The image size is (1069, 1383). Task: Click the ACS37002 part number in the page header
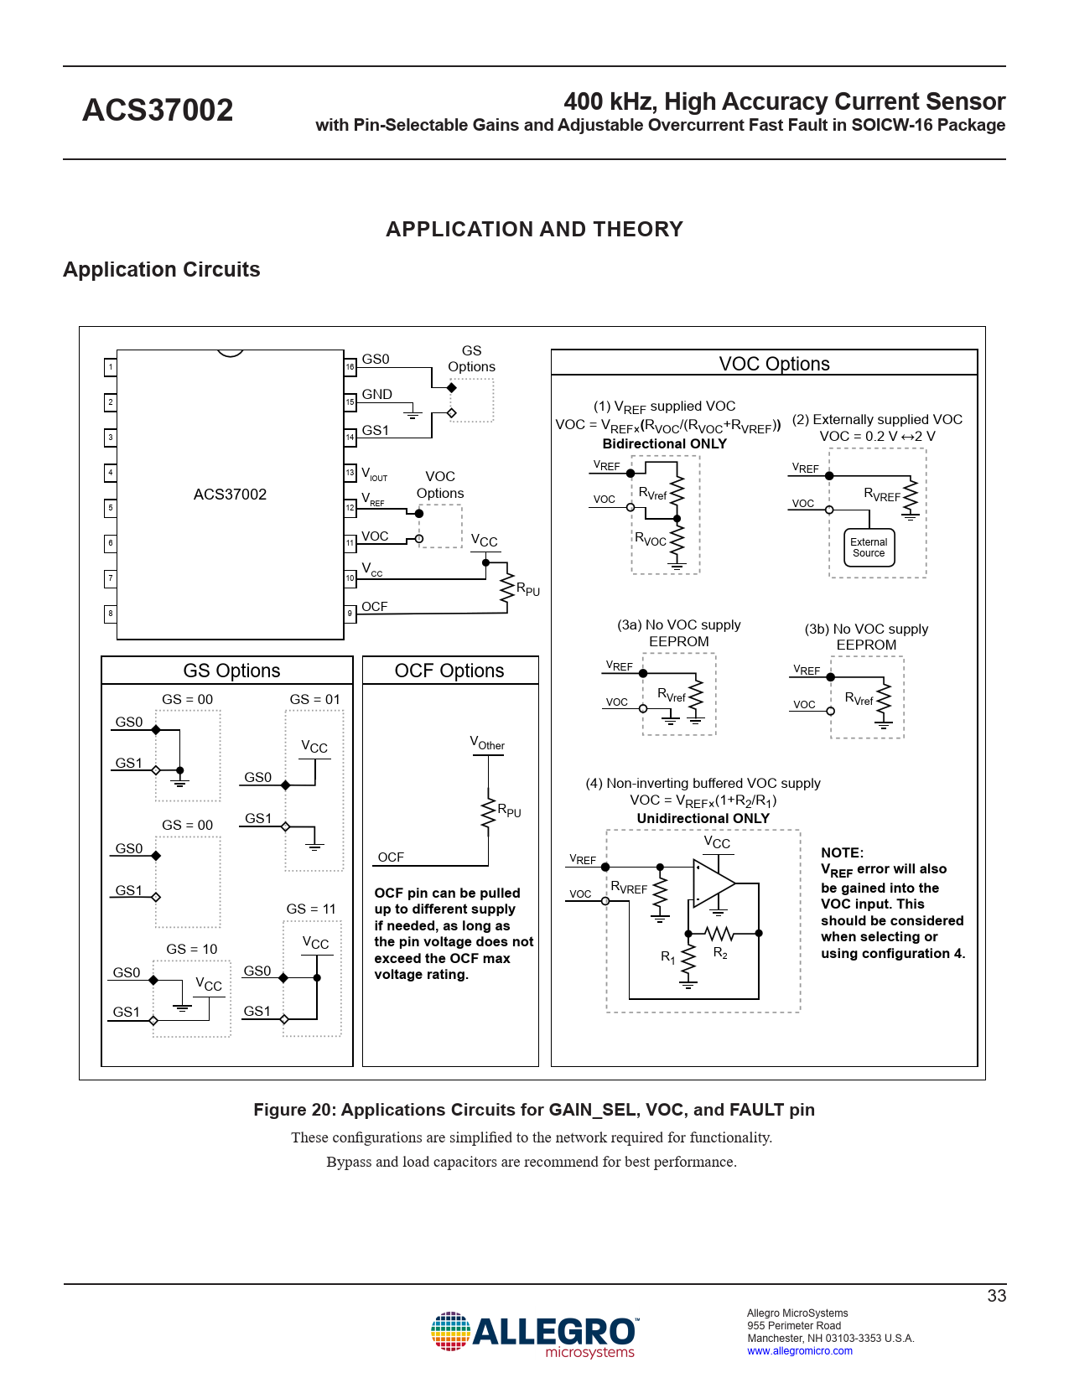pyautogui.click(x=158, y=110)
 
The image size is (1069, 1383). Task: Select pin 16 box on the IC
pyautogui.click(x=350, y=366)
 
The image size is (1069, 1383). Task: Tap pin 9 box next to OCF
pyautogui.click(x=350, y=614)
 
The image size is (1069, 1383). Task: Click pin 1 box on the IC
pyautogui.click(x=110, y=366)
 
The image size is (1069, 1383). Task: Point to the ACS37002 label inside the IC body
pyautogui.click(x=230, y=495)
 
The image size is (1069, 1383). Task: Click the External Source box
pyautogui.click(x=869, y=547)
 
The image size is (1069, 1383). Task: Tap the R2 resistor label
pyautogui.click(x=720, y=953)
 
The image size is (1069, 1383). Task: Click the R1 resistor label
pyautogui.click(x=668, y=956)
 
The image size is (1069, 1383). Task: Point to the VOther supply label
pyautogui.click(x=487, y=743)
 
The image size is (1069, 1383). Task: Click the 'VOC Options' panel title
pyautogui.click(x=774, y=364)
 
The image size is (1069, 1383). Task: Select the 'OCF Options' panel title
pyautogui.click(x=449, y=671)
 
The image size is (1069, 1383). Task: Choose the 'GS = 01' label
pyautogui.click(x=314, y=699)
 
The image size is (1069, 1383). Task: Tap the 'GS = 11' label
pyautogui.click(x=311, y=909)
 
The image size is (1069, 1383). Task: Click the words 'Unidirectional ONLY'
pyautogui.click(x=703, y=818)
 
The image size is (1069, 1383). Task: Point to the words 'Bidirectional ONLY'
pyautogui.click(x=665, y=443)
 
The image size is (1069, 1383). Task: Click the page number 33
pyautogui.click(x=996, y=1296)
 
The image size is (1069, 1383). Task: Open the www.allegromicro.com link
pyautogui.click(x=800, y=1351)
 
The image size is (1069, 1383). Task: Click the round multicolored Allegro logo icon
pyautogui.click(x=450, y=1331)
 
